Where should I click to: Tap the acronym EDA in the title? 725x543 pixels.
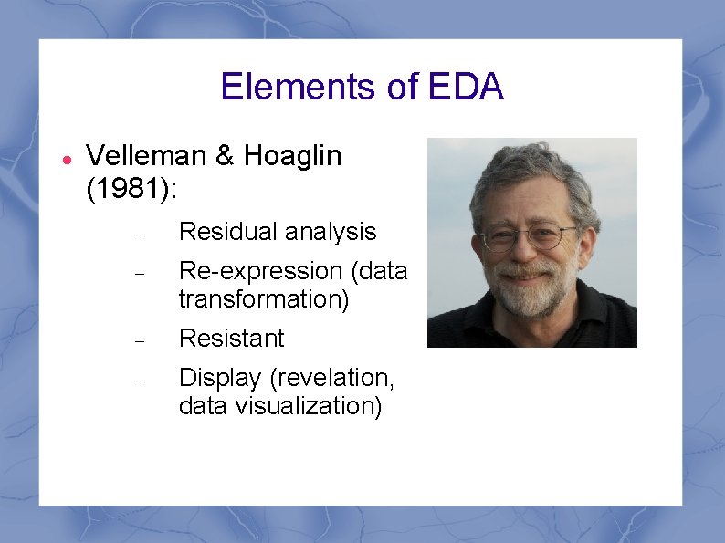pyautogui.click(x=465, y=87)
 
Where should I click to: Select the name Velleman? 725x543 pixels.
pyautogui.click(x=146, y=156)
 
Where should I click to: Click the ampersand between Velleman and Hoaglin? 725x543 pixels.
pyautogui.click(x=225, y=156)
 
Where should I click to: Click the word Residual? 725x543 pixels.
pyautogui.click(x=227, y=232)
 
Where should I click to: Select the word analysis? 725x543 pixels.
pyautogui.click(x=330, y=233)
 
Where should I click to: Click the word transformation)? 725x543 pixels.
pyautogui.click(x=264, y=299)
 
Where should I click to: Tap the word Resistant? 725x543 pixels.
pyautogui.click(x=232, y=339)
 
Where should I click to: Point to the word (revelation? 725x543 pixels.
pyautogui.click(x=330, y=378)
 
